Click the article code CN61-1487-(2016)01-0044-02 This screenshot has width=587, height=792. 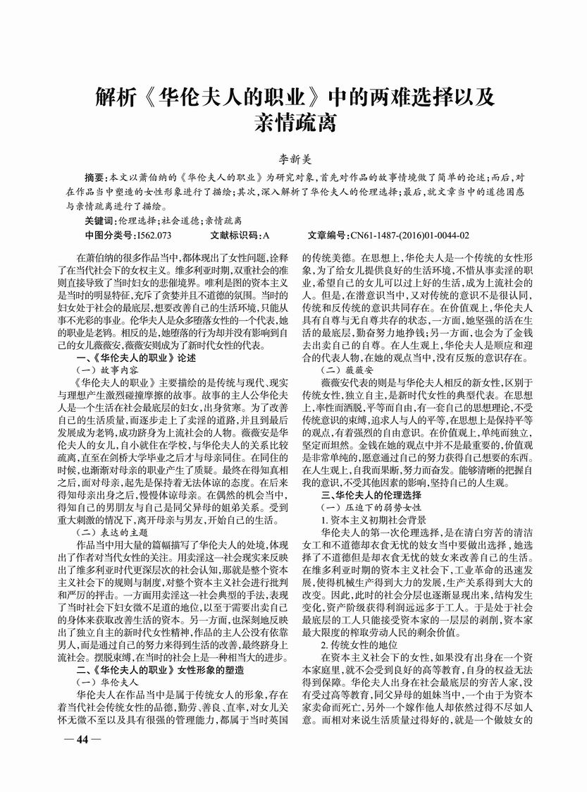click(x=407, y=235)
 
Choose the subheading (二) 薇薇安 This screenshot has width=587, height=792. click(x=347, y=369)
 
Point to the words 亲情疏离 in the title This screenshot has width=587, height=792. click(x=293, y=123)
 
